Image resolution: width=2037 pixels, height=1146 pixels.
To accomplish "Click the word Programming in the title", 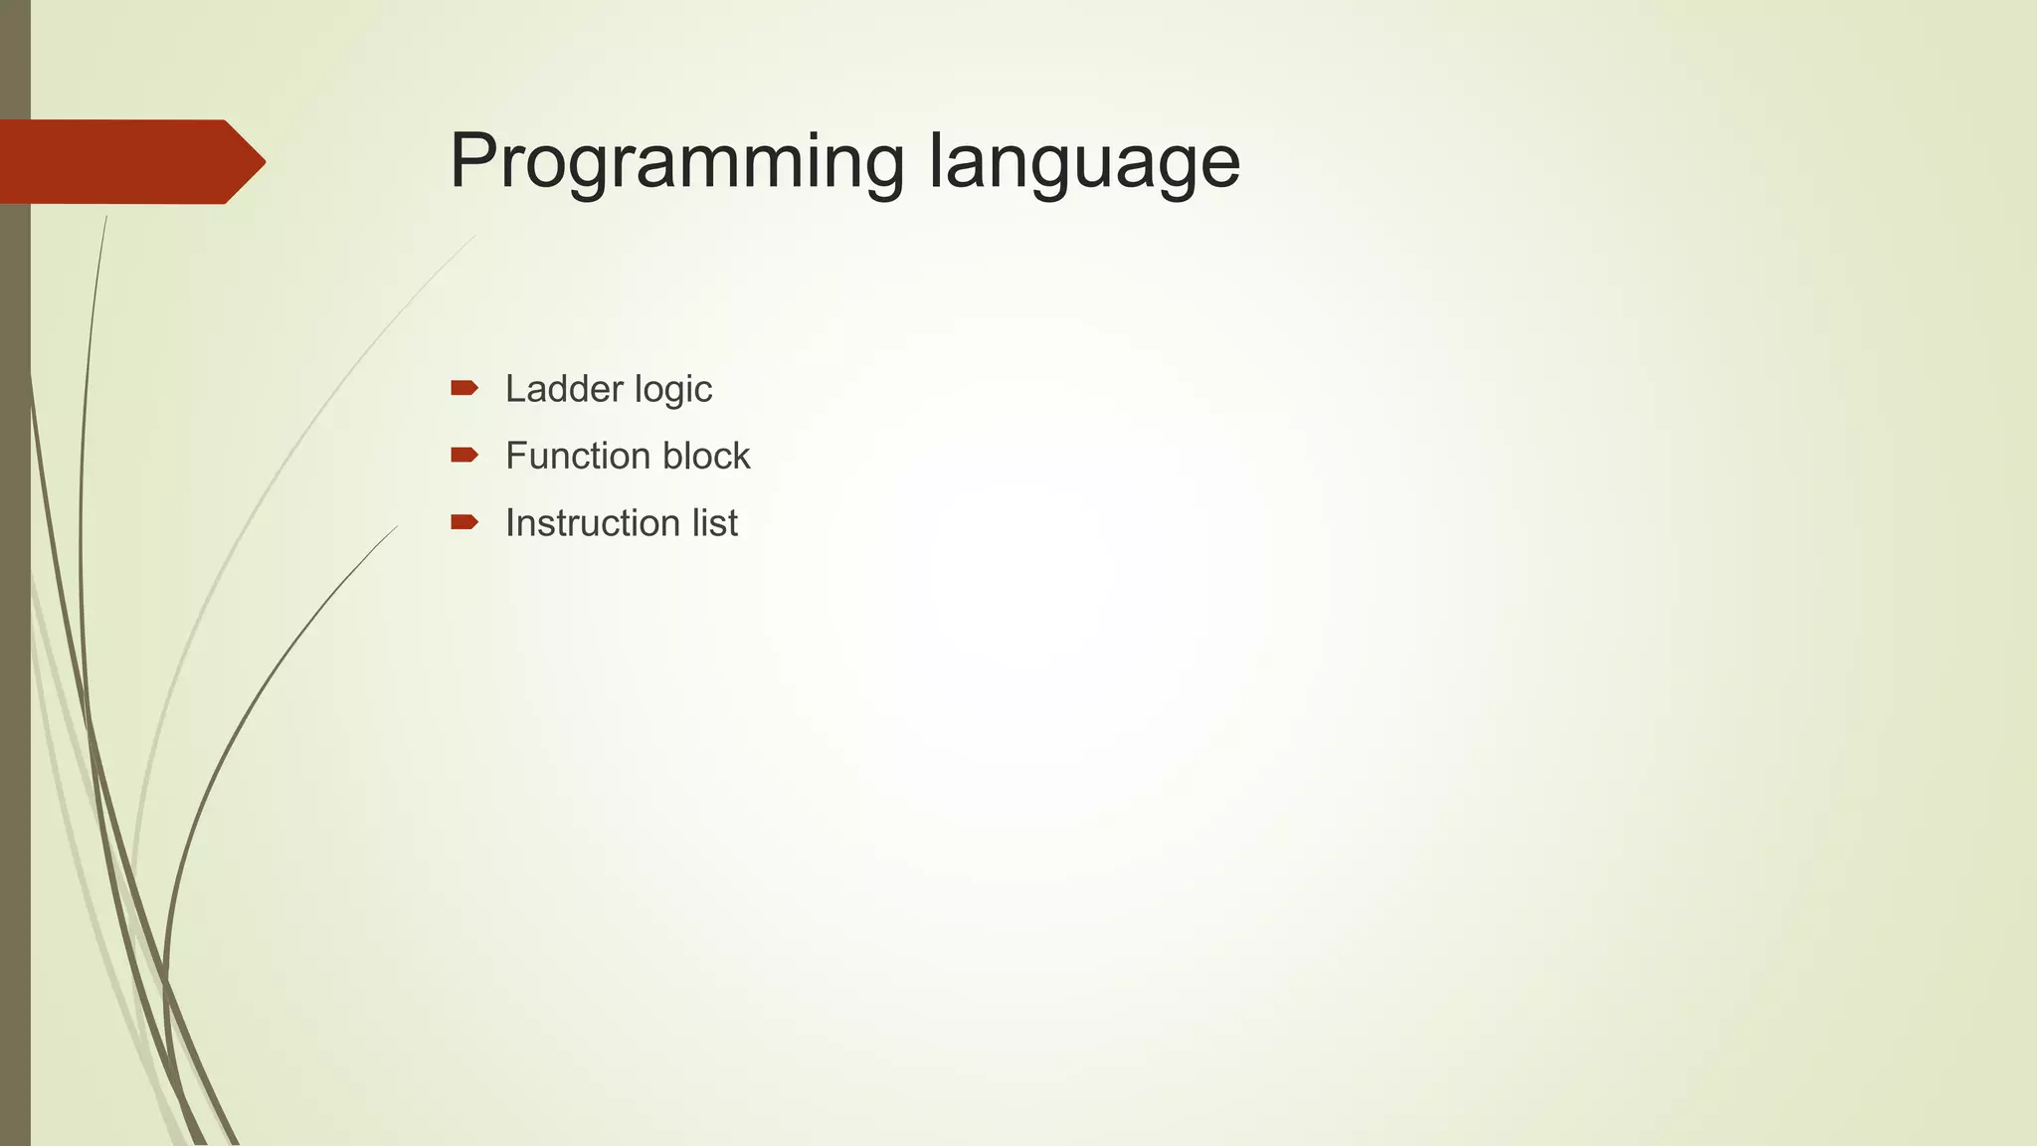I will tap(676, 162).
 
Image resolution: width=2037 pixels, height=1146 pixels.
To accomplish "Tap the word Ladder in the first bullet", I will tap(553, 388).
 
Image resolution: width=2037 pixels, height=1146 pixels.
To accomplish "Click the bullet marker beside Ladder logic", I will tap(463, 388).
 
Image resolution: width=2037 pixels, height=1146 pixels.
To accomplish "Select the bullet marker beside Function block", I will tap(463, 456).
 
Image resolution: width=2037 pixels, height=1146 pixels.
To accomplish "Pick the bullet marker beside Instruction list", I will tap(463, 522).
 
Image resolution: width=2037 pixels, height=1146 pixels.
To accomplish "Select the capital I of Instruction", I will tap(510, 523).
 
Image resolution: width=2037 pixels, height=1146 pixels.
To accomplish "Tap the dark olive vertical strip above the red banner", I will tap(15, 60).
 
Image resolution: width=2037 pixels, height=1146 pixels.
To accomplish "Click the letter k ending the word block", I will tap(742, 456).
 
